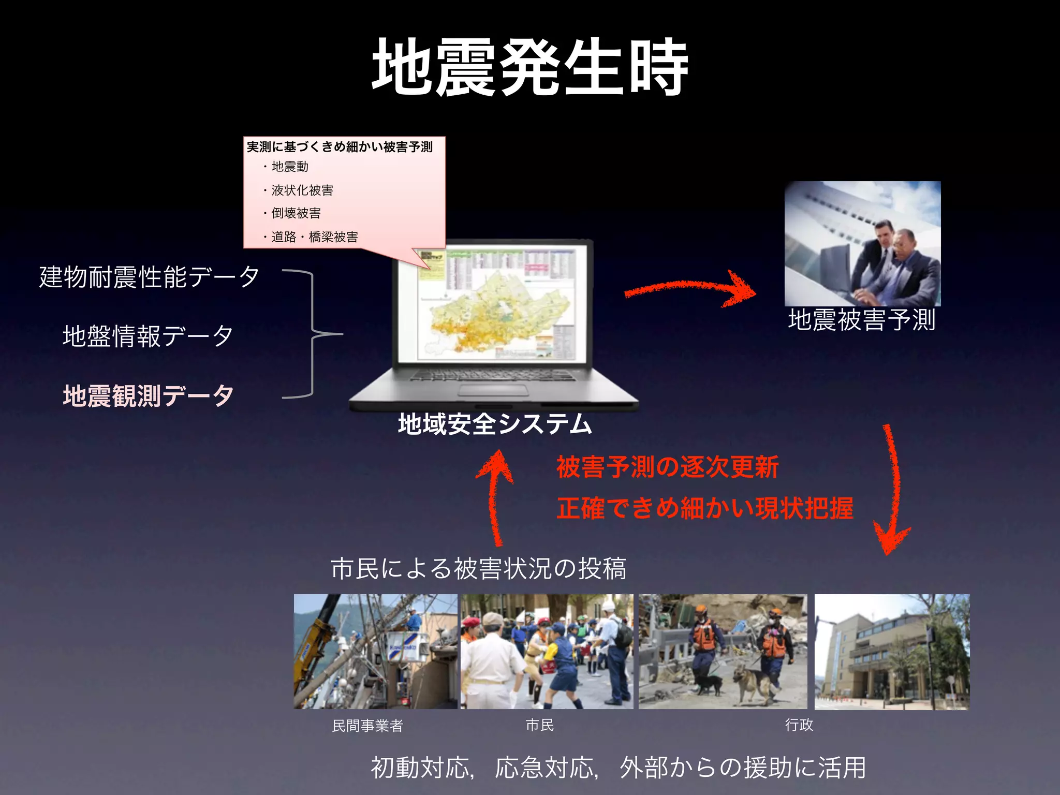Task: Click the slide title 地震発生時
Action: pos(530,67)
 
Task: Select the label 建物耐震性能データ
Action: pos(149,277)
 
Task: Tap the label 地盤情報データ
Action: pos(148,336)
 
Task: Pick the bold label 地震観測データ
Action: pos(148,396)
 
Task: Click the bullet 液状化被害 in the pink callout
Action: pos(302,190)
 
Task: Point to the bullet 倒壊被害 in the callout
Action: pos(296,213)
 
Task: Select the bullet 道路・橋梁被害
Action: pos(315,237)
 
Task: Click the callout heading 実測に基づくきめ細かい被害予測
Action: pos(340,147)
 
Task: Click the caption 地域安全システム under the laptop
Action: pos(495,424)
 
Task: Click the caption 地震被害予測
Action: pos(862,320)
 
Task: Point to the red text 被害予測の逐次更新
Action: pos(668,467)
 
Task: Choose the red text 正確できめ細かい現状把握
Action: pos(705,508)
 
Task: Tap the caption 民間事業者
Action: pos(367,726)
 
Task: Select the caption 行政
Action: pos(799,725)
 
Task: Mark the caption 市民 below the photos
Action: pos(540,725)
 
